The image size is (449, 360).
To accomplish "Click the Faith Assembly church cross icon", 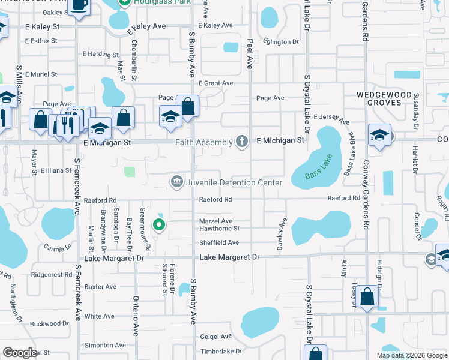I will (241, 142).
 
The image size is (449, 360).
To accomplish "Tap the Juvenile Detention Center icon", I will (176, 182).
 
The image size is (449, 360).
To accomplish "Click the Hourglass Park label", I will (157, 2).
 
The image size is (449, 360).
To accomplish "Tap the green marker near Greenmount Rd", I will (159, 225).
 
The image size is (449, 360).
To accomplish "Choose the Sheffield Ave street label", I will (219, 243).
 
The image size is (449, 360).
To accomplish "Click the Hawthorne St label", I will (219, 229).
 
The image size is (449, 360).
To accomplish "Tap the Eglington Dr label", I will (280, 42).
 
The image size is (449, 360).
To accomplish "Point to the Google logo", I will (20, 353).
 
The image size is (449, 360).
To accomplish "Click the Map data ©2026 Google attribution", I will (412, 355).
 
